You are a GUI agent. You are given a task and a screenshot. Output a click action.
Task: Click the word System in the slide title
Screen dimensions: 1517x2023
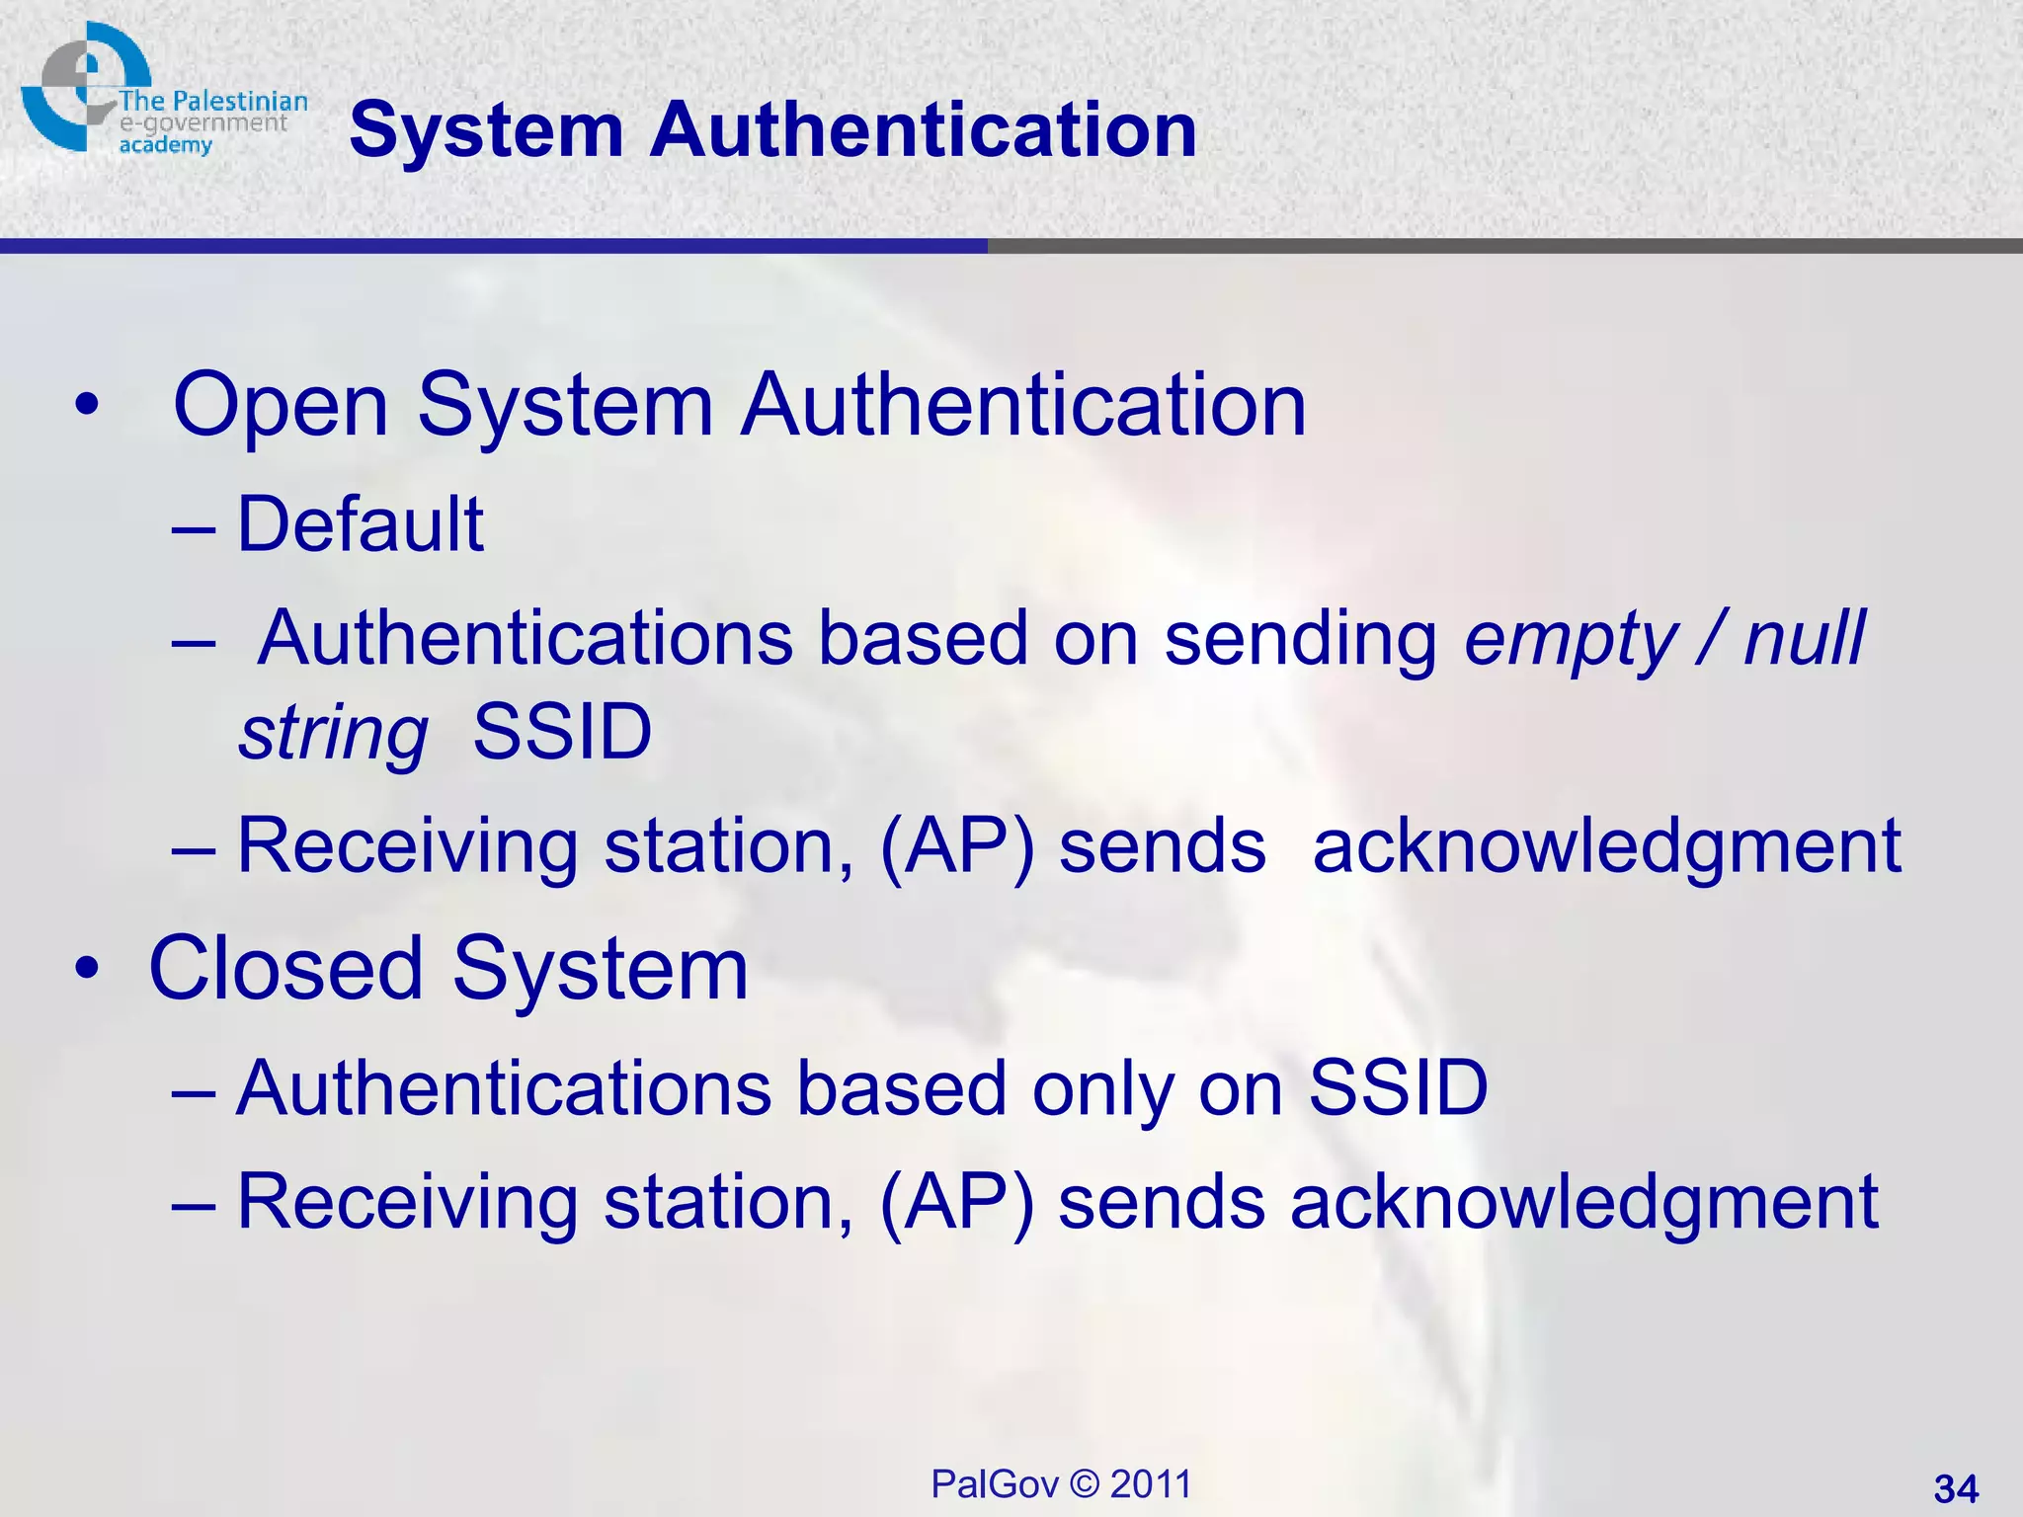click(x=486, y=130)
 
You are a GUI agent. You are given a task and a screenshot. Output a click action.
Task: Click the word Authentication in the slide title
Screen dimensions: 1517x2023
click(x=923, y=130)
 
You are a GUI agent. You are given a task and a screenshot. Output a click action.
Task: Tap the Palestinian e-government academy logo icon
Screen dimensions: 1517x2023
click(x=84, y=87)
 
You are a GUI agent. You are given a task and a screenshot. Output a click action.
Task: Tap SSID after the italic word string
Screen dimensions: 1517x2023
click(x=562, y=733)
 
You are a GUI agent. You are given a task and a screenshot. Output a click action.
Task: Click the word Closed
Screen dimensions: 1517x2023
click(x=287, y=969)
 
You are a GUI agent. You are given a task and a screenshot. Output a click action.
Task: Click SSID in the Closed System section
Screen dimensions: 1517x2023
click(x=1398, y=1088)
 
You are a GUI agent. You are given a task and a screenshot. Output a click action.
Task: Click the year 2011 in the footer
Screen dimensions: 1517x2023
click(x=1151, y=1484)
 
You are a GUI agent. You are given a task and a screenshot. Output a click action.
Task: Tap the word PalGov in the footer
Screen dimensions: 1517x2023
click(x=995, y=1484)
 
